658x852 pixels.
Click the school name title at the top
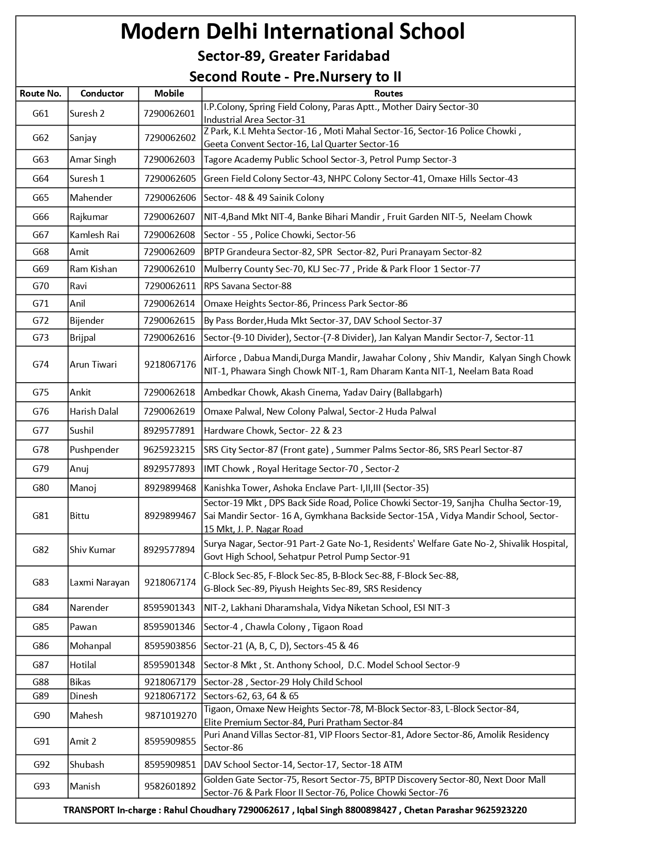[293, 31]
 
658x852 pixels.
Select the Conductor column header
[102, 93]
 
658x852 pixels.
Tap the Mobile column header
[169, 93]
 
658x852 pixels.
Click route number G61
[41, 114]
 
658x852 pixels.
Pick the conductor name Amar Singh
[93, 160]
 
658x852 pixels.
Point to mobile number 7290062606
[170, 198]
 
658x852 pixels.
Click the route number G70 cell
[41, 286]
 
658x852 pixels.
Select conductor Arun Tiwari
[93, 365]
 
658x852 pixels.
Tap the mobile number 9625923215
[169, 450]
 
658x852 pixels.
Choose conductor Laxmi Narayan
[100, 582]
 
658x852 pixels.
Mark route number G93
[42, 786]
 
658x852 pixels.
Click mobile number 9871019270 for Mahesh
[170, 716]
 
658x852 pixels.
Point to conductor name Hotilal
[83, 665]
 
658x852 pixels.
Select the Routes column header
[388, 93]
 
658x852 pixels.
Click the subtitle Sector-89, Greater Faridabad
[293, 56]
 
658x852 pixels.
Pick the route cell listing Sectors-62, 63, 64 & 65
[251, 696]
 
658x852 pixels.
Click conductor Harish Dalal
[94, 412]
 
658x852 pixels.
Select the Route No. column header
[41, 93]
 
